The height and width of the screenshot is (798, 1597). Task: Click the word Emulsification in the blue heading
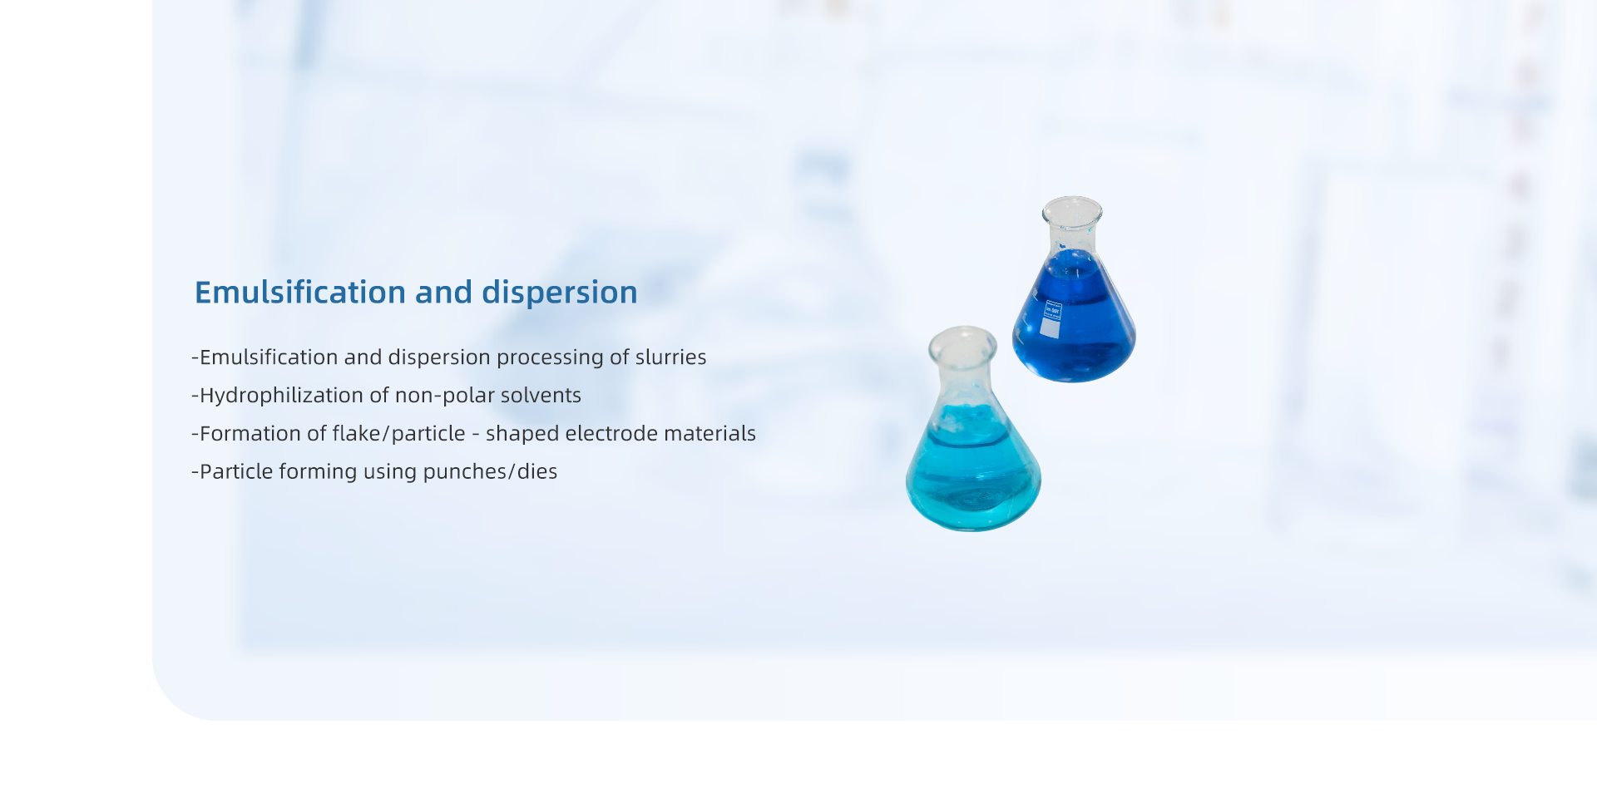tap(300, 293)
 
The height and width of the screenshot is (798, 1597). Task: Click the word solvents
tap(541, 395)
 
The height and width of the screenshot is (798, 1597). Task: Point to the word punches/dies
tap(490, 472)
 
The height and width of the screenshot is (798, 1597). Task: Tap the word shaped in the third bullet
tap(522, 434)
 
